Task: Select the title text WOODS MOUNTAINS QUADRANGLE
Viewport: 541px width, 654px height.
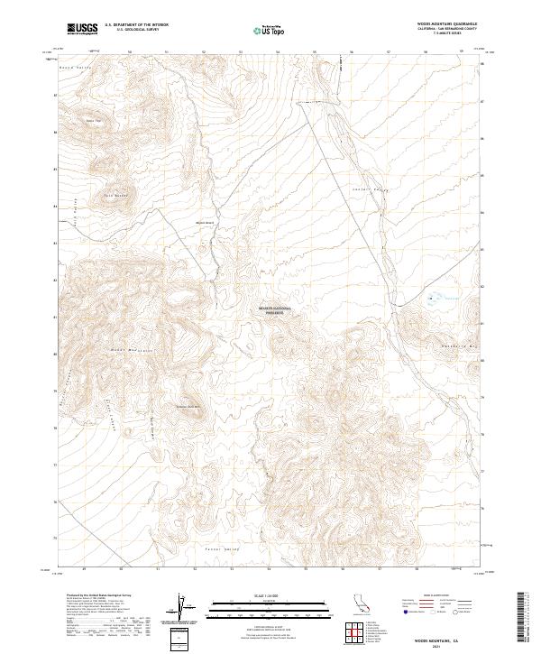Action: [447, 24]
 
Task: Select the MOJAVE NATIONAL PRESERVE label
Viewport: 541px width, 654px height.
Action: [276, 309]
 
